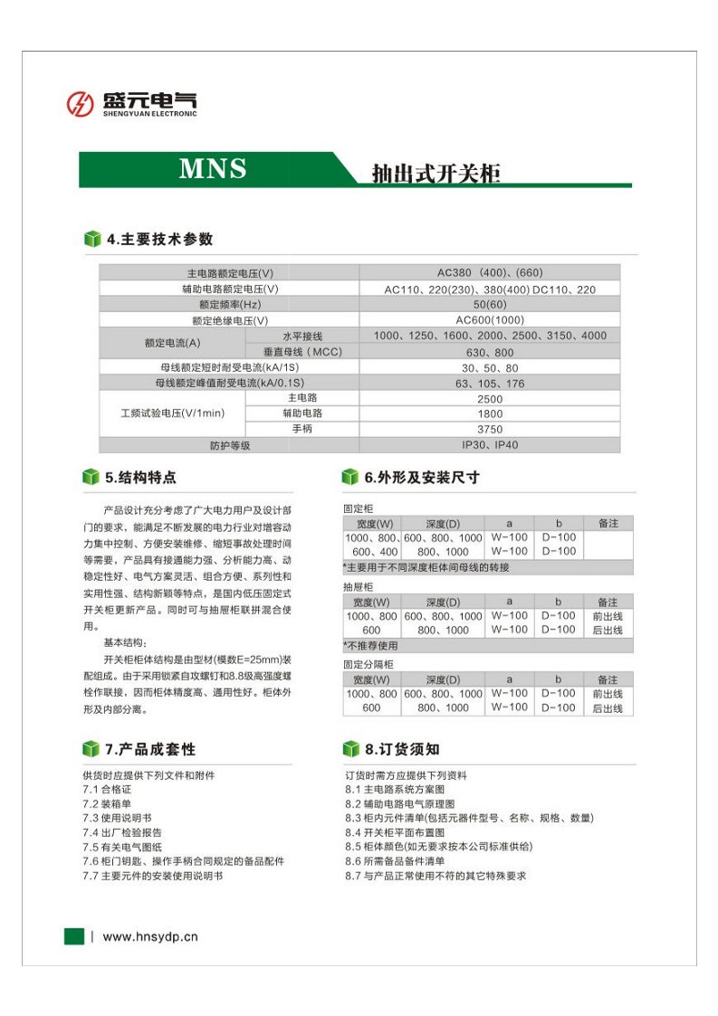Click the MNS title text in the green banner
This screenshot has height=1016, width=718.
click(x=213, y=169)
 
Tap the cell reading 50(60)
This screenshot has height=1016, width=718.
click(x=489, y=305)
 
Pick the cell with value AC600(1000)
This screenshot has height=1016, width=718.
click(x=489, y=320)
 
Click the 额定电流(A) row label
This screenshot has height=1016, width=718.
click(x=172, y=344)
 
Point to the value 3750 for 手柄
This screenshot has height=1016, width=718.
click(x=489, y=430)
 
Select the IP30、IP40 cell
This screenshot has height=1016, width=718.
click(x=489, y=445)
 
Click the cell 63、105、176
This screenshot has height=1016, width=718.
click(x=489, y=384)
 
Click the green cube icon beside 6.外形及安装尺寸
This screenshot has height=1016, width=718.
click(x=349, y=477)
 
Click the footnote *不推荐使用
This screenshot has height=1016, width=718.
click(x=370, y=646)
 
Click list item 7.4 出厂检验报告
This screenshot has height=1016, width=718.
click(x=122, y=832)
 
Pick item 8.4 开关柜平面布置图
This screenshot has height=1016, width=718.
click(x=395, y=832)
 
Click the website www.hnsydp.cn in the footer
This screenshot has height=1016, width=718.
click(x=150, y=937)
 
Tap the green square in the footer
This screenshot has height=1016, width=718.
click(x=73, y=936)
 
